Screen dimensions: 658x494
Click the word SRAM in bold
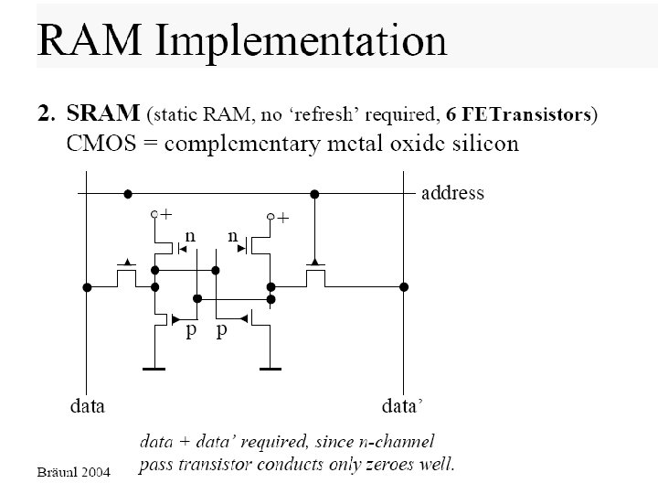pos(102,113)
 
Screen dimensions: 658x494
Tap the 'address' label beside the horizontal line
pos(452,193)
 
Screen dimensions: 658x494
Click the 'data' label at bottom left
pos(88,406)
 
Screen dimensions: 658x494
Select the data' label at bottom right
pos(401,406)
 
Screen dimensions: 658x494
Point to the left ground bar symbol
pos(154,369)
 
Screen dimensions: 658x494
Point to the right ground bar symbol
pos(271,369)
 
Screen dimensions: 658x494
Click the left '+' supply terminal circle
pos(154,215)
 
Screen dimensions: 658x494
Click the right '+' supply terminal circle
pos(271,217)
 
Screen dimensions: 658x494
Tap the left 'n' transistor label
pos(190,237)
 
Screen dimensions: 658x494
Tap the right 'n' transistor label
pos(233,237)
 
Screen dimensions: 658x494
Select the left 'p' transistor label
pos(191,330)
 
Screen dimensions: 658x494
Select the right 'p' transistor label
pos(221,330)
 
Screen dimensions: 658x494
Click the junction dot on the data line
pos(87,287)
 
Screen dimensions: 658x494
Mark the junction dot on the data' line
pos(404,287)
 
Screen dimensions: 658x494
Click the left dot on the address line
pos(128,194)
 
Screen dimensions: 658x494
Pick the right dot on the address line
pos(314,194)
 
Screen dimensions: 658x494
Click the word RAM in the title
pos(90,40)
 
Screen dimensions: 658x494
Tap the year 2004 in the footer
pos(96,472)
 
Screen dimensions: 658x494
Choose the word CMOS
pos(101,144)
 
